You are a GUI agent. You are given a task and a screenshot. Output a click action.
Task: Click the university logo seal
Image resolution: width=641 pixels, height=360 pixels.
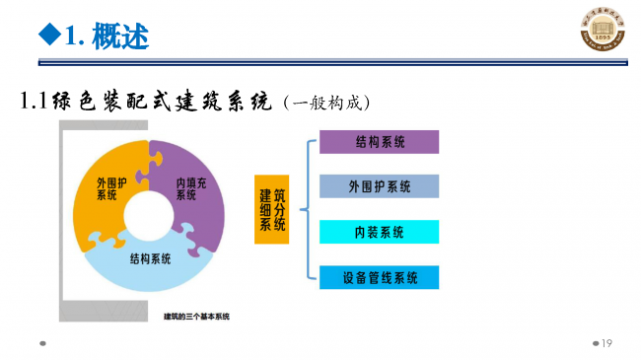(x=602, y=33)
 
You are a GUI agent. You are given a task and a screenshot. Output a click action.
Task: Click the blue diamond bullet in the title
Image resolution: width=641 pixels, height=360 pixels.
(x=46, y=37)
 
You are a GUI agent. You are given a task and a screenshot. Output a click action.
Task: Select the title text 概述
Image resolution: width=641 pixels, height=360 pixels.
(x=120, y=37)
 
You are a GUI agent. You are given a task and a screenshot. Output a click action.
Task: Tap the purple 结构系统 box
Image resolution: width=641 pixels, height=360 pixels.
(x=379, y=142)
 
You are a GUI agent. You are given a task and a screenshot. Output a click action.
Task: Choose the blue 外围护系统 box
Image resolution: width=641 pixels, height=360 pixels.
(x=379, y=186)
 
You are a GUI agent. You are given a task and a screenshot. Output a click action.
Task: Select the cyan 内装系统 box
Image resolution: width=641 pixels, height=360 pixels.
(x=379, y=232)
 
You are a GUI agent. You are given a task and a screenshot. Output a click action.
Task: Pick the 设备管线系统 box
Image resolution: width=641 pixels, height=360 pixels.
(x=379, y=277)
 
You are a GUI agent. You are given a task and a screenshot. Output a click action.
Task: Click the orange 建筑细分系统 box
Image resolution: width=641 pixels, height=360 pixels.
(x=271, y=209)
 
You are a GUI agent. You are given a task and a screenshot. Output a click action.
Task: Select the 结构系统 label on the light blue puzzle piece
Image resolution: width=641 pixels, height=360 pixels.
(x=150, y=258)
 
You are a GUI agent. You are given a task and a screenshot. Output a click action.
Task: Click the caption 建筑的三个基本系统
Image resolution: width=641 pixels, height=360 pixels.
(x=196, y=317)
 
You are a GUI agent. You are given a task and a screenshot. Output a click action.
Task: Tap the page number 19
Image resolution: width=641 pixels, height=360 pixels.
(x=606, y=343)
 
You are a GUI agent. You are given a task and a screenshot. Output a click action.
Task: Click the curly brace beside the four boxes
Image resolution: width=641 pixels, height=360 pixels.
(x=306, y=209)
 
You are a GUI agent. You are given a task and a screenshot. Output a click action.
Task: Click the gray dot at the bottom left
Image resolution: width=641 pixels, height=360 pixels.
(x=42, y=344)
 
